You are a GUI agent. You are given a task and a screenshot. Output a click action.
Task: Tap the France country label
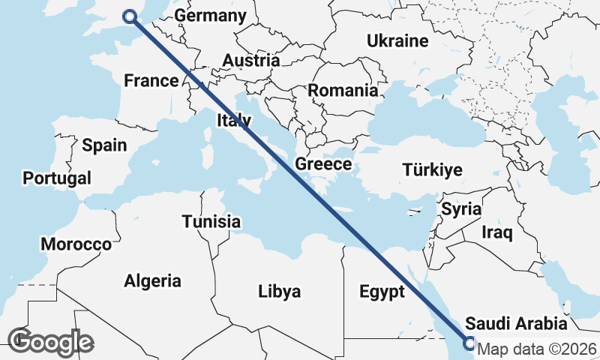[x=151, y=80]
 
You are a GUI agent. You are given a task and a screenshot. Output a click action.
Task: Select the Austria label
[x=251, y=61]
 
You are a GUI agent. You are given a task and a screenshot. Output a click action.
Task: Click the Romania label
[x=343, y=90]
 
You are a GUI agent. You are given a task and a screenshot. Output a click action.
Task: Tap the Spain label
[x=104, y=145]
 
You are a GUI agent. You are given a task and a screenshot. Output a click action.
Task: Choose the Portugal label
[x=57, y=178]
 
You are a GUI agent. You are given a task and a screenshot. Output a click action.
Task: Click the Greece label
[x=323, y=163]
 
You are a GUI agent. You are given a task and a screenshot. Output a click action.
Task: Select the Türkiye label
[x=432, y=169]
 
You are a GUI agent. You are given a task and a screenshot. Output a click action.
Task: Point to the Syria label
[x=460, y=208]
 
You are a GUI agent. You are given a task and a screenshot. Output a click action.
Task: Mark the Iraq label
[x=497, y=232]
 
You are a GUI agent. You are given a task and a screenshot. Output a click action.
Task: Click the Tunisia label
[x=211, y=221]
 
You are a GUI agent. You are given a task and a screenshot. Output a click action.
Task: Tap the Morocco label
[x=76, y=244]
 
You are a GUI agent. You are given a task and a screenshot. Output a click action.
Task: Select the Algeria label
[x=152, y=280]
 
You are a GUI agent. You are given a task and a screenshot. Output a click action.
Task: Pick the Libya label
[x=279, y=291]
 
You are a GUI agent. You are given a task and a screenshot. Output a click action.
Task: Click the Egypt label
[x=382, y=291]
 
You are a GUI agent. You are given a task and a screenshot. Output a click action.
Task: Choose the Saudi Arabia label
[x=516, y=324]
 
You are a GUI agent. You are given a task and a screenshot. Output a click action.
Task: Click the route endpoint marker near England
[x=130, y=16]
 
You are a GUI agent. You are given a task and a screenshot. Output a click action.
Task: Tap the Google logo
[x=51, y=341]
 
